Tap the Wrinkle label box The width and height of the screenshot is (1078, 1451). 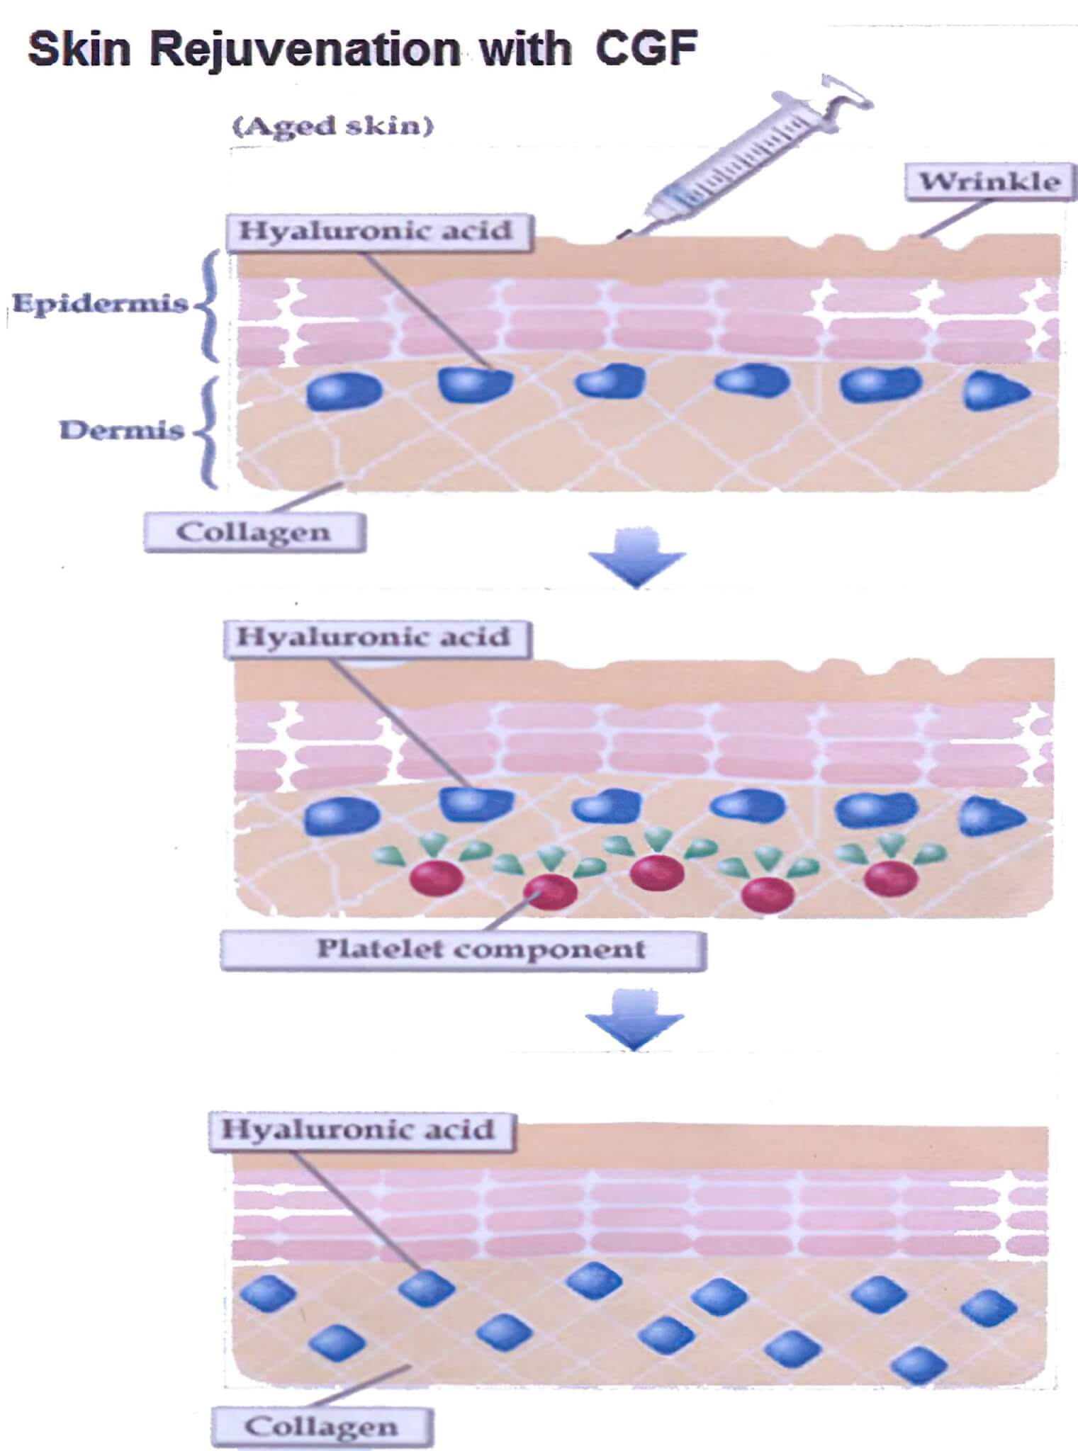pyautogui.click(x=990, y=182)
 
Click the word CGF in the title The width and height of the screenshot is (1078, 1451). pyautogui.click(x=646, y=49)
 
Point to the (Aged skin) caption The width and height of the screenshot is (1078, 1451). pyautogui.click(x=334, y=127)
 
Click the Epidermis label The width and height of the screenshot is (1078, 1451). pyautogui.click(x=100, y=304)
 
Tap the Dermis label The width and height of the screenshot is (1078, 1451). pyautogui.click(x=121, y=430)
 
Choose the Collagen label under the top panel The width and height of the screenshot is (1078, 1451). pyautogui.click(x=254, y=532)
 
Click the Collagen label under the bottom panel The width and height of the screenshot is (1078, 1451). pyautogui.click(x=321, y=1426)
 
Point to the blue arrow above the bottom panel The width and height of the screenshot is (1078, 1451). pyautogui.click(x=634, y=1020)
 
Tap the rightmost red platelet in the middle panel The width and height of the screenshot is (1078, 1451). pyautogui.click(x=891, y=878)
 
